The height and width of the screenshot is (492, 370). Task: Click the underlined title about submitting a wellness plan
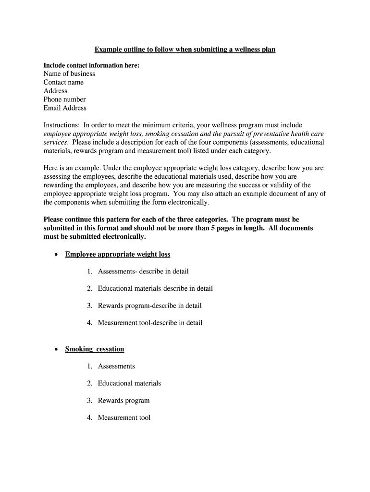[x=185, y=49]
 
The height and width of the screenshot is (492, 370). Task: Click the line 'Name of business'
[x=69, y=74]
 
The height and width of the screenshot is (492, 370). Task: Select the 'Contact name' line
[x=63, y=82]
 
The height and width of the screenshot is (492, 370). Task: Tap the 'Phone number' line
[x=64, y=99]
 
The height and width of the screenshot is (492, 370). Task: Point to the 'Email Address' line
[x=65, y=108]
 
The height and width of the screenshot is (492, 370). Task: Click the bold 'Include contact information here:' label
[x=91, y=65]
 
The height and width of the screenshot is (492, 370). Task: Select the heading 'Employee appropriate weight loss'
[x=118, y=254]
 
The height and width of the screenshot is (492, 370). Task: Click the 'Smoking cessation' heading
[x=95, y=349]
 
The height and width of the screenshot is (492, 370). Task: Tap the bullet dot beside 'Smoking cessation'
[x=57, y=350]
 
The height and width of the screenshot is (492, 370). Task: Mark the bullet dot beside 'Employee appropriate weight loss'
[x=57, y=255]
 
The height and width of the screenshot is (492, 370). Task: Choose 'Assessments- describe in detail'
[x=143, y=271]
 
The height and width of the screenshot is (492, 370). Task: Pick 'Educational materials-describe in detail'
[x=155, y=289]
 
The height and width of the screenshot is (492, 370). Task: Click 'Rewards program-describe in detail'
[x=149, y=306]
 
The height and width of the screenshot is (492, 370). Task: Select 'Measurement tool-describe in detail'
[x=150, y=323]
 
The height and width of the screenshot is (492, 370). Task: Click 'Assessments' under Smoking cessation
[x=116, y=366]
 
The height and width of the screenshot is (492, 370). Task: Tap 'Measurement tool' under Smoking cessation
[x=124, y=418]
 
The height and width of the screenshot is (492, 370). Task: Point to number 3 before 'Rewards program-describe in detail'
[x=89, y=306]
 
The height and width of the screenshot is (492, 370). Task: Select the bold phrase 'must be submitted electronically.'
[x=94, y=237]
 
